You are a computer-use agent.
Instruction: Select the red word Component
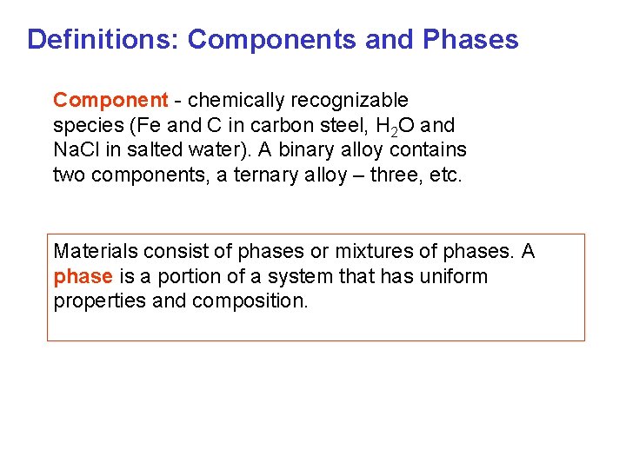coord(110,101)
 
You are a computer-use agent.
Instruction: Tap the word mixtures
coord(363,252)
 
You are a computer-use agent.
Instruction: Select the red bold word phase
coord(83,277)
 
